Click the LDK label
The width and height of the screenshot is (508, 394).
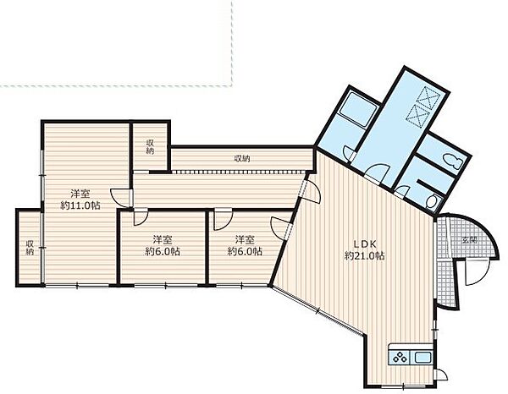364,244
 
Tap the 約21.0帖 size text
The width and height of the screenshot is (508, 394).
364,256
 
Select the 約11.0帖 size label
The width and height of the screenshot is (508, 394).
80,205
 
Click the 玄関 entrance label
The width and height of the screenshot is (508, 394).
469,240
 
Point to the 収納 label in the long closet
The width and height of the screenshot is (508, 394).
242,159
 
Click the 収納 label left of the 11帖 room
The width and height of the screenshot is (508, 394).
30,248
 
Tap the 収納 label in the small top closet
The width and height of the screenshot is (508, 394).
150,146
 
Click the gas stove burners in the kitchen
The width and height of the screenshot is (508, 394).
399,358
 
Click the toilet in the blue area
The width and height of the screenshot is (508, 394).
453,160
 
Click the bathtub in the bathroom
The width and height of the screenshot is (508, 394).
357,109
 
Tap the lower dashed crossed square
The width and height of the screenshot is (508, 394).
417,114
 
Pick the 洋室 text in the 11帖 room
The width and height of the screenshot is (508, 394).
80,194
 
